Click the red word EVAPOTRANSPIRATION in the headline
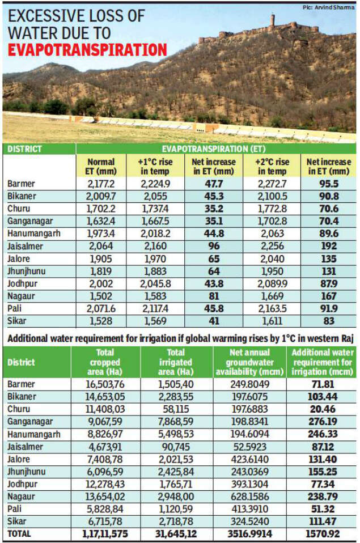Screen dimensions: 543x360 87,50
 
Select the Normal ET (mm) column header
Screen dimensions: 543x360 101,167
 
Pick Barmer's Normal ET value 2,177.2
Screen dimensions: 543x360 101,184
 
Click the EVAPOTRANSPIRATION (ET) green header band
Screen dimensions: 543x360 217,149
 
